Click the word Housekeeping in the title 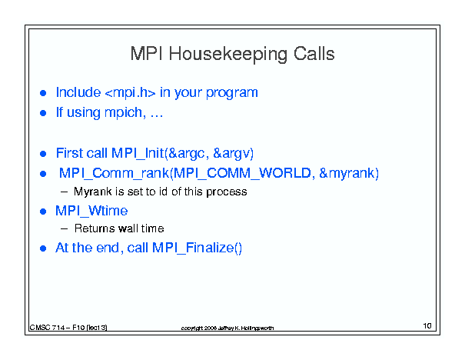228,55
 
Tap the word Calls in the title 314,54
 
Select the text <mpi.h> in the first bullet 130,92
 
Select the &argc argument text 186,153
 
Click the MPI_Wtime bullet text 91,211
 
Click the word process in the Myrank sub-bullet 227,192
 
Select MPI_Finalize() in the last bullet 197,248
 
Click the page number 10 427,326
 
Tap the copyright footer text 228,328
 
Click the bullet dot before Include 43,93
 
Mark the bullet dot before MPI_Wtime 43,212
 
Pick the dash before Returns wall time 64,228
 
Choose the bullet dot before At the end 43,248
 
